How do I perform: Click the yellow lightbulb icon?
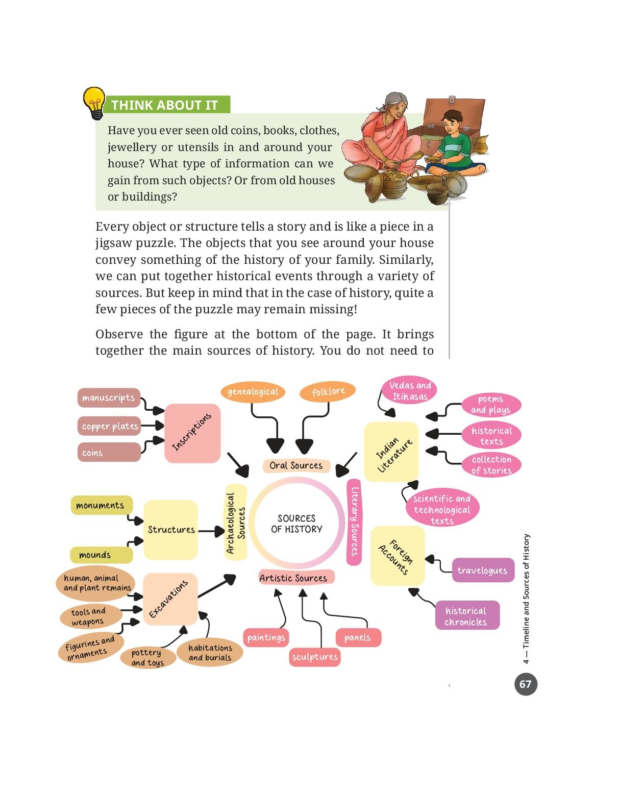click(94, 103)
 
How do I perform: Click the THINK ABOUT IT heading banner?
click(167, 105)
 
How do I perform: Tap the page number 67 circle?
click(525, 684)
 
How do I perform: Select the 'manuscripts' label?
click(109, 397)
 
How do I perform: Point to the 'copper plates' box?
click(109, 426)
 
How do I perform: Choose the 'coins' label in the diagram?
click(109, 452)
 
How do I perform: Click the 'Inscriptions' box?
click(192, 433)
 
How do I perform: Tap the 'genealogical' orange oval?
click(253, 392)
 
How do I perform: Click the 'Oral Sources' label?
click(296, 465)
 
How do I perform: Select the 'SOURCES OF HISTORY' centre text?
click(296, 524)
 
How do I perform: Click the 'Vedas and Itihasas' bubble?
click(410, 390)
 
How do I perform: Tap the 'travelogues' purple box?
click(483, 570)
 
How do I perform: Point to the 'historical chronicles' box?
click(467, 616)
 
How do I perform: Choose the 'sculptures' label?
click(315, 657)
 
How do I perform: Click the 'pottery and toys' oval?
click(147, 657)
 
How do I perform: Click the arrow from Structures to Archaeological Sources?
click(211, 531)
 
